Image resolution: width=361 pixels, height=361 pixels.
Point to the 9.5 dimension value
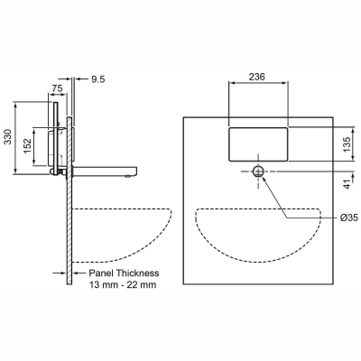pyautogui.click(x=98, y=79)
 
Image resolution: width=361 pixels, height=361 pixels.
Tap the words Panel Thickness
pyautogui.click(x=124, y=272)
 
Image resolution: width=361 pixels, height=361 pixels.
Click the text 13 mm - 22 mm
pyautogui.click(x=124, y=284)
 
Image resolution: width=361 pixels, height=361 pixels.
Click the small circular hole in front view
pyautogui.click(x=260, y=170)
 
